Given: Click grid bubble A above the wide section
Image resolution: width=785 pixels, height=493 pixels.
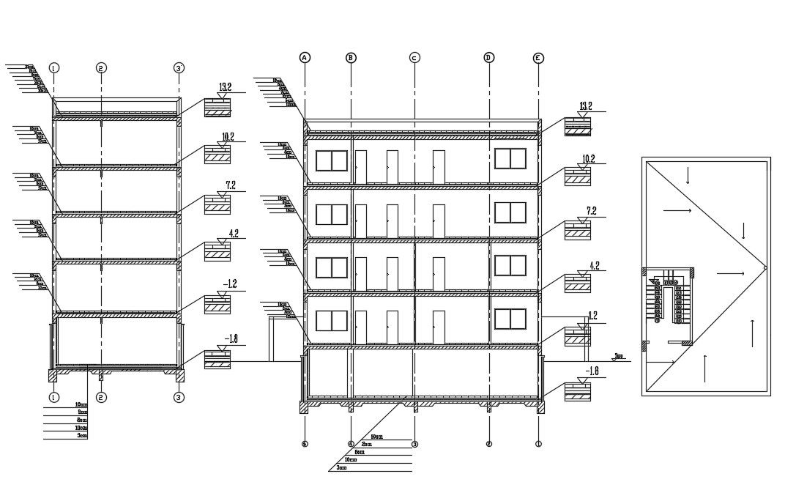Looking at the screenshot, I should pyautogui.click(x=305, y=57).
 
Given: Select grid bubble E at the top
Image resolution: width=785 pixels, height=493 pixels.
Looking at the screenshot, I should pyautogui.click(x=538, y=58).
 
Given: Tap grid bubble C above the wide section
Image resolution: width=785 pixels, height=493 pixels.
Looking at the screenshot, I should pyautogui.click(x=414, y=58).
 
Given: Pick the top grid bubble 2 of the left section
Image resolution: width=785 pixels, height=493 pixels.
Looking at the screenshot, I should pyautogui.click(x=101, y=68).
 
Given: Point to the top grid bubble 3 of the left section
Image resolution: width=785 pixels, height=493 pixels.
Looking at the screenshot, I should pyautogui.click(x=179, y=68).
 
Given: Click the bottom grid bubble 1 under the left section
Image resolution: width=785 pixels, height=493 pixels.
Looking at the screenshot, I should pyautogui.click(x=53, y=397).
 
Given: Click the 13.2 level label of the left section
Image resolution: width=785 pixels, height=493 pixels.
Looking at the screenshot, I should pyautogui.click(x=225, y=87).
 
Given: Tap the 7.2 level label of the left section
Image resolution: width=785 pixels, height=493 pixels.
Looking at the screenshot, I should pyautogui.click(x=230, y=185).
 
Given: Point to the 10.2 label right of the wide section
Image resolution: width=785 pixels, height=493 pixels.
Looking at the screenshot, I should pyautogui.click(x=588, y=159).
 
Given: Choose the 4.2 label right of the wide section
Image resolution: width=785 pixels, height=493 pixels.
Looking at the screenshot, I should pyautogui.click(x=593, y=266).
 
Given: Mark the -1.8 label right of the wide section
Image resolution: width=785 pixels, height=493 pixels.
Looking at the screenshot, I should pyautogui.click(x=592, y=371).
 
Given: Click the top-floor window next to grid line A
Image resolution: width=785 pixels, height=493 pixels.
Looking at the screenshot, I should pyautogui.click(x=331, y=162).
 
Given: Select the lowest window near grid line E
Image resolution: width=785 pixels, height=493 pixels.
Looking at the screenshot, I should pyautogui.click(x=510, y=319).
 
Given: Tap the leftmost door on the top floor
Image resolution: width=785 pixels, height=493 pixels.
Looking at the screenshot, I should pyautogui.click(x=360, y=167).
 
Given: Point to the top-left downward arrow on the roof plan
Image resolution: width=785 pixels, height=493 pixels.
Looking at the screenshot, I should pyautogui.click(x=688, y=177).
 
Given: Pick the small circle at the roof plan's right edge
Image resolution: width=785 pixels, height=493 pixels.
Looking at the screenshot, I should pyautogui.click(x=765, y=268).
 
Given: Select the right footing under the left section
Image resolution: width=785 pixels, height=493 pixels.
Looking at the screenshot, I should pyautogui.click(x=179, y=375).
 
